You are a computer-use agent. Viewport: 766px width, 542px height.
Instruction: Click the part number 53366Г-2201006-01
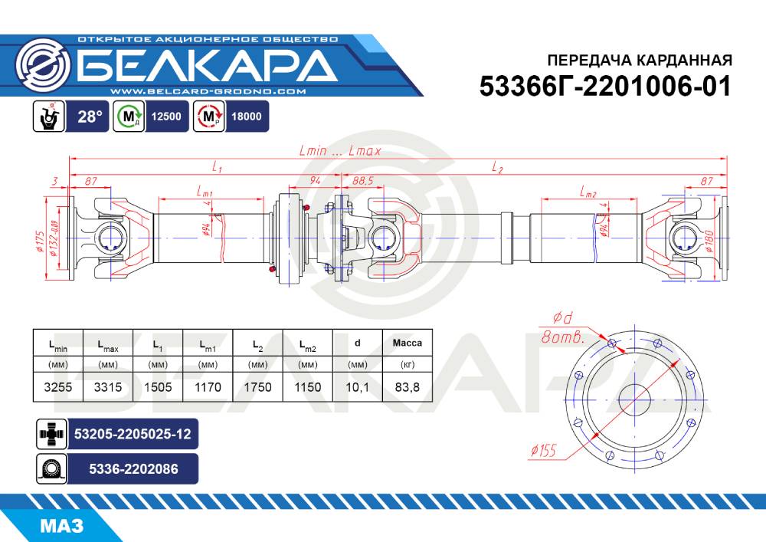(605, 87)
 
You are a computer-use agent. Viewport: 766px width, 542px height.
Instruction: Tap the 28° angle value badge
(90, 117)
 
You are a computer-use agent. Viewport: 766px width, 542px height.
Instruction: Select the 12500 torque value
(166, 117)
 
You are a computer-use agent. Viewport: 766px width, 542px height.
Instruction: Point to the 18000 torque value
(246, 117)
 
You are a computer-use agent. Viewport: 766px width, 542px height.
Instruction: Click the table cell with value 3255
(57, 387)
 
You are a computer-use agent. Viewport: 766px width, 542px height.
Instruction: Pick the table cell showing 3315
(108, 387)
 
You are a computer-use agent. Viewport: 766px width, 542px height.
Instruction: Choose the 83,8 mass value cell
(407, 387)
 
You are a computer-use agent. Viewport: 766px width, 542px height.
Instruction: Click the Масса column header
(407, 343)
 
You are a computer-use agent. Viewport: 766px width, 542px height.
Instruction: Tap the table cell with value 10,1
(357, 387)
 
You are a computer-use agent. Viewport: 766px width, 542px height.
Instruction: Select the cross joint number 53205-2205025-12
(133, 434)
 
